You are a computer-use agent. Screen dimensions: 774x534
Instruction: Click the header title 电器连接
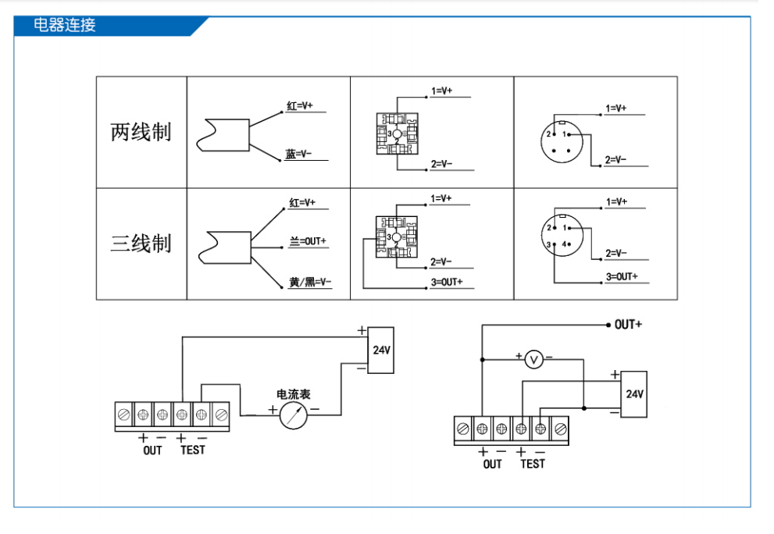tap(65, 25)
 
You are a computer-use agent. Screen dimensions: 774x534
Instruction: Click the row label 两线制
tap(141, 132)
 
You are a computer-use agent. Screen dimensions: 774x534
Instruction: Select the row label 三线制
tap(141, 244)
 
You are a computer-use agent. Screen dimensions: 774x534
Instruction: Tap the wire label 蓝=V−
tap(298, 154)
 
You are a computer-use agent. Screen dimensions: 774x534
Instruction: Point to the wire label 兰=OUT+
tap(308, 241)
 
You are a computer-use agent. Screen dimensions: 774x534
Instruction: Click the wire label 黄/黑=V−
tap(310, 282)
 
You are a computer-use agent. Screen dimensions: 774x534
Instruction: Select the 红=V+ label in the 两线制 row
tap(300, 105)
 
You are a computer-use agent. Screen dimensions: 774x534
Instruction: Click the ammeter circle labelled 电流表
tap(293, 415)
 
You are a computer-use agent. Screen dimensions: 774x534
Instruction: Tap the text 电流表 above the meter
tap(293, 394)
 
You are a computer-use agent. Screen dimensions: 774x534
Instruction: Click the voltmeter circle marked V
tap(533, 359)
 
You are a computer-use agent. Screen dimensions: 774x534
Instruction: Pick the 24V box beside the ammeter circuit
tap(381, 350)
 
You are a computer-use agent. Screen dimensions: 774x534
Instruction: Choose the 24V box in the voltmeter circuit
tap(634, 394)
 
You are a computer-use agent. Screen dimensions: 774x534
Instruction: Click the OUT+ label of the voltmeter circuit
tap(628, 324)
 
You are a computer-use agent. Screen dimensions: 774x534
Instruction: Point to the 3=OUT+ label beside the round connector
tap(622, 277)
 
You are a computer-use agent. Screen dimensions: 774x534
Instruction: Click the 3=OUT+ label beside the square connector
tap(447, 282)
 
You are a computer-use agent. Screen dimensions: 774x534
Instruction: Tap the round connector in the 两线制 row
tap(562, 141)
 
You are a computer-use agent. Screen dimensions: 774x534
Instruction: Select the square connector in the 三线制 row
tap(397, 237)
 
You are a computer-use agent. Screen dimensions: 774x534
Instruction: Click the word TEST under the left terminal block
tap(192, 450)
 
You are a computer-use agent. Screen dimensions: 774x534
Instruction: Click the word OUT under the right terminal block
tap(492, 465)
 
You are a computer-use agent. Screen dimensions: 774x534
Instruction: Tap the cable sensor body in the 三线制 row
tap(225, 247)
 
